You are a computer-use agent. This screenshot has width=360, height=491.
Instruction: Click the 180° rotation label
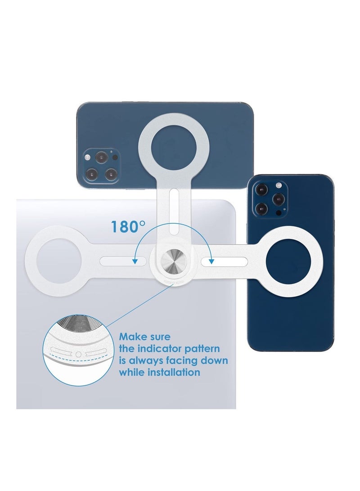pyautogui.click(x=128, y=226)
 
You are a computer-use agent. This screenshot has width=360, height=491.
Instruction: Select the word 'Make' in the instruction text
pyautogui.click(x=132, y=337)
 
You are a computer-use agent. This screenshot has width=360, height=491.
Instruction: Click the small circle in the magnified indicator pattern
pyautogui.click(x=79, y=354)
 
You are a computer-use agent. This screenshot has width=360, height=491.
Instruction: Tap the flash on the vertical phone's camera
pyautogui.click(x=278, y=186)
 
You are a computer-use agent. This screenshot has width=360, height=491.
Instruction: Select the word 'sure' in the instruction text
pyautogui.click(x=160, y=337)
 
